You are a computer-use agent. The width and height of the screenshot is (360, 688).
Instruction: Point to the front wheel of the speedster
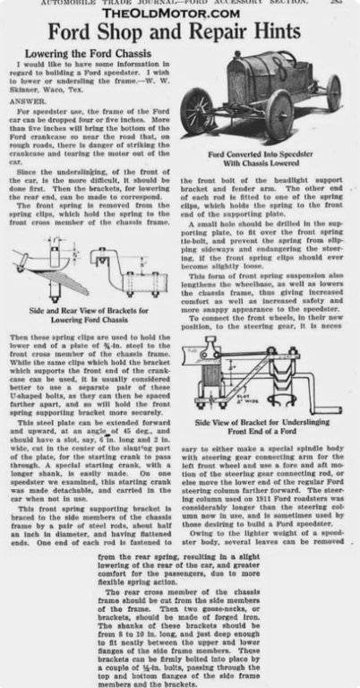click(x=197, y=111)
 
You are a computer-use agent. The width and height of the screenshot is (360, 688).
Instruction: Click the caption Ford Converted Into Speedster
click(x=266, y=154)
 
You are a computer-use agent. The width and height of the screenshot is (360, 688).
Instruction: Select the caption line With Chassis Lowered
click(x=266, y=164)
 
